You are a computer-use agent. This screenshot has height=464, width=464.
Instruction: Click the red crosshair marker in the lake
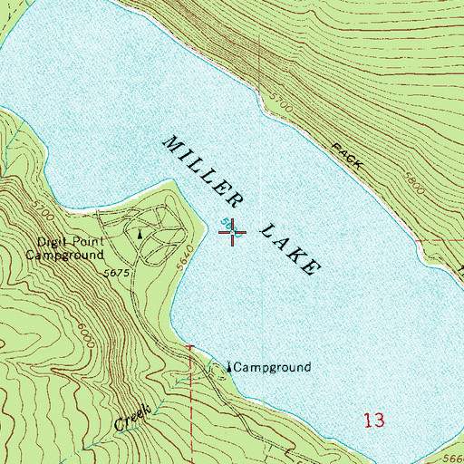click(233, 233)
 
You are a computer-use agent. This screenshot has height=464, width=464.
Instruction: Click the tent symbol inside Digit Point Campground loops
click(140, 233)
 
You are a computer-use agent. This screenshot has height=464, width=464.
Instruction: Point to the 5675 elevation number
click(118, 273)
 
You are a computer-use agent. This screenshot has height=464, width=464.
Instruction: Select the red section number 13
click(373, 420)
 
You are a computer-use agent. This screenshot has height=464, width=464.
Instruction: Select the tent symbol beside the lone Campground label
click(227, 368)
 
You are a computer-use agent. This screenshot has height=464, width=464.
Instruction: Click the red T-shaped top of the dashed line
click(190, 347)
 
